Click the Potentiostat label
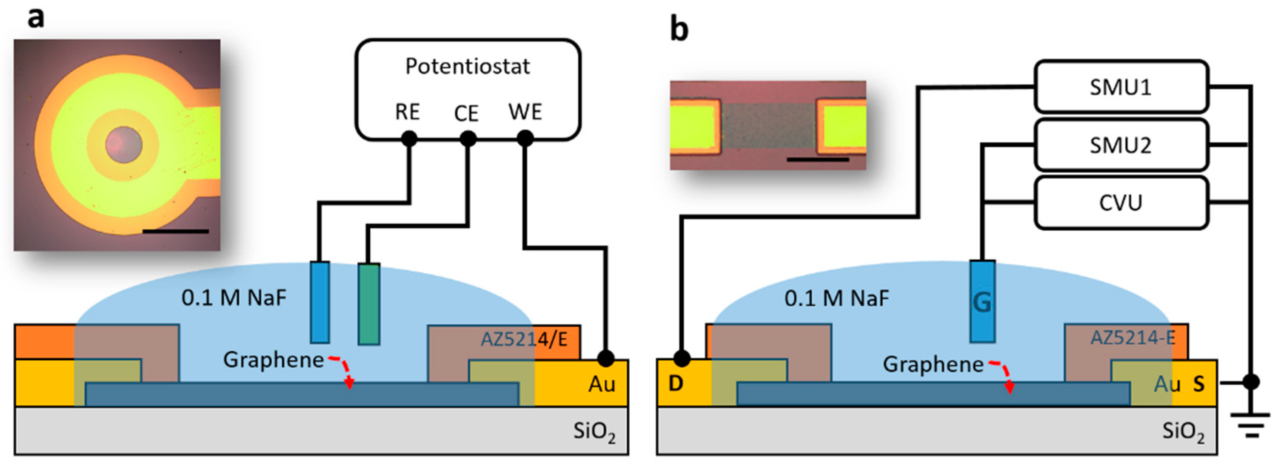point(467,66)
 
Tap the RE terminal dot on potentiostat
point(409,138)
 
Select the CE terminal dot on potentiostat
point(468,138)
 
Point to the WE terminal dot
point(525,138)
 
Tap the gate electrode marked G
point(982,301)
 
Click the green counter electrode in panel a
point(369,304)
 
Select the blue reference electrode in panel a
point(320,302)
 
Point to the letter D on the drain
point(675,384)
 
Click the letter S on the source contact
point(1199,384)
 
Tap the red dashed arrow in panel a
point(343,370)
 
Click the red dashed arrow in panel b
point(1004,375)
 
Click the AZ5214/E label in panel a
point(524,339)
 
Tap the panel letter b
point(679,29)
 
